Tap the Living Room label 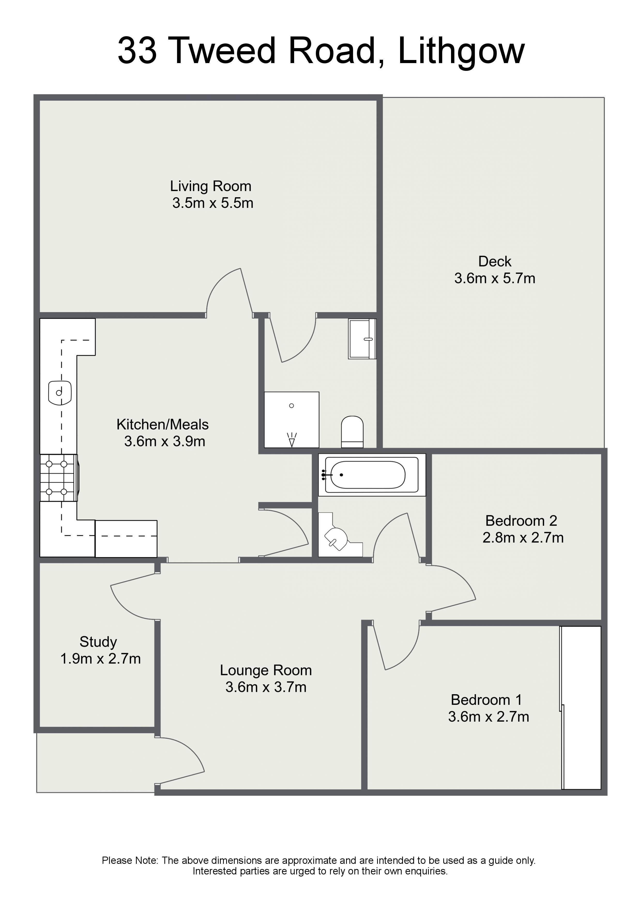(210, 186)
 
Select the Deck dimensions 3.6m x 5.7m (494, 278)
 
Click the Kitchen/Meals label (162, 424)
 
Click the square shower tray (292, 420)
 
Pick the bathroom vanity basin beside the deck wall (362, 339)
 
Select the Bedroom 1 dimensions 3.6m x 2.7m (489, 717)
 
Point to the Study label (98, 642)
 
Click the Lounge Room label (266, 670)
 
